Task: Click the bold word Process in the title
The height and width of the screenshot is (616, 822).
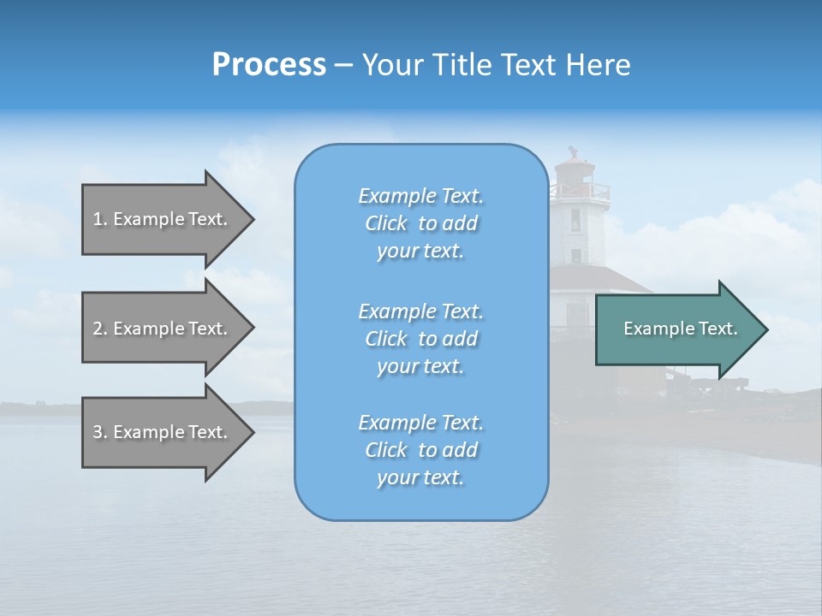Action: coord(269,65)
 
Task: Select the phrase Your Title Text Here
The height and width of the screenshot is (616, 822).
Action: coord(496,65)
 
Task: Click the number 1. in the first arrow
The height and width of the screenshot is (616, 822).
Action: coord(100,219)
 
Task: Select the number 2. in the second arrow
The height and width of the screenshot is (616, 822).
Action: coord(100,329)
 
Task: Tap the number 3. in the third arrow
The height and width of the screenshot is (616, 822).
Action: coord(100,432)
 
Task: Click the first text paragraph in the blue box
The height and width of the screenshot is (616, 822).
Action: coord(421,223)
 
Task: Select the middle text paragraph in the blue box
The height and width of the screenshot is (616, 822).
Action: coord(421,339)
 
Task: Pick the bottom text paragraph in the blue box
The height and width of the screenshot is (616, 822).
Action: coord(421,450)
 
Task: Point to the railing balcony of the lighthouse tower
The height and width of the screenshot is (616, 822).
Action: coord(581,192)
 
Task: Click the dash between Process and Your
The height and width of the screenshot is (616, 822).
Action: coord(343,65)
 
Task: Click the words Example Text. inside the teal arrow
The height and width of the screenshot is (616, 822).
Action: coord(681,329)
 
